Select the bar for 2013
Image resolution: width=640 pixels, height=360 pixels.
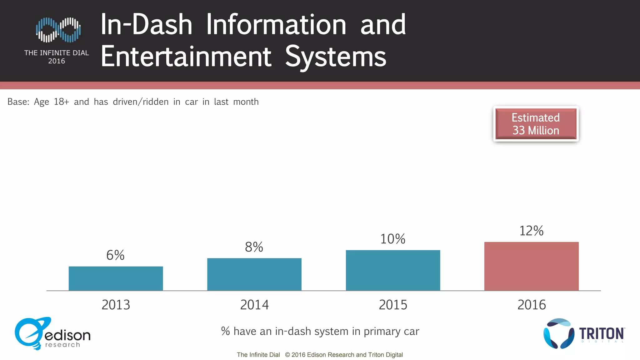[116, 278]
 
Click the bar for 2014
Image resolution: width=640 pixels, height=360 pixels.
[254, 274]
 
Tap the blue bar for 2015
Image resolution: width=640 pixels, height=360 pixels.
[393, 270]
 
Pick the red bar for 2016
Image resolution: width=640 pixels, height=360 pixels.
[531, 266]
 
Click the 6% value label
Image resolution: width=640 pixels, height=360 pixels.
[115, 255]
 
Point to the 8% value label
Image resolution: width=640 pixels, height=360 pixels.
[254, 247]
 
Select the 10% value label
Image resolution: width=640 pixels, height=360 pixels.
[392, 239]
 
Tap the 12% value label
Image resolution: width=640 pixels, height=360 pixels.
[531, 231]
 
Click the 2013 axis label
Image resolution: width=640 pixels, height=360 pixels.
[116, 305]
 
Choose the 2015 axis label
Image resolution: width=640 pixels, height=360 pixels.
[393, 305]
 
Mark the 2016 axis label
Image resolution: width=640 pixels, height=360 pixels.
[531, 305]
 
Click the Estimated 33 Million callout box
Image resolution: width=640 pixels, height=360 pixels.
[536, 124]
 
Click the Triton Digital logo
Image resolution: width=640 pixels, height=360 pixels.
[583, 334]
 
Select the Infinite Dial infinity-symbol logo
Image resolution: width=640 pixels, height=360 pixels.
[58, 30]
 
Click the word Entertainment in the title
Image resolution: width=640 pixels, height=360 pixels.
[186, 57]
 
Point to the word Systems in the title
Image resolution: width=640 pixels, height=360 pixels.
[336, 57]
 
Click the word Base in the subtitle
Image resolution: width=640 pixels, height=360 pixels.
[18, 102]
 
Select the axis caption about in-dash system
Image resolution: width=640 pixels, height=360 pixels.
[320, 331]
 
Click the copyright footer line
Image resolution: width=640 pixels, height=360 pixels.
[320, 355]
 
